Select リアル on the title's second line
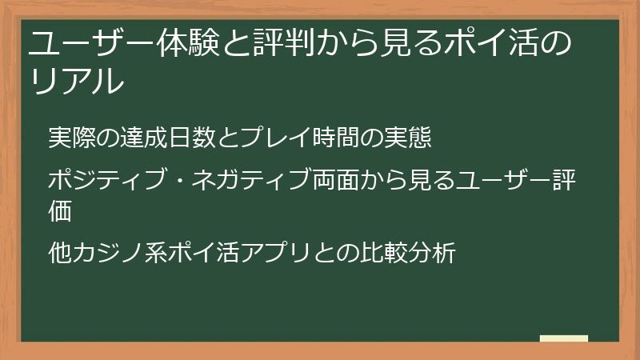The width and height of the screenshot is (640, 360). [x=77, y=82]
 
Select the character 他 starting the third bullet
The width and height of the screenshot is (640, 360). [x=60, y=254]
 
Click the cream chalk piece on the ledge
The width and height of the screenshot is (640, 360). [x=564, y=338]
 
